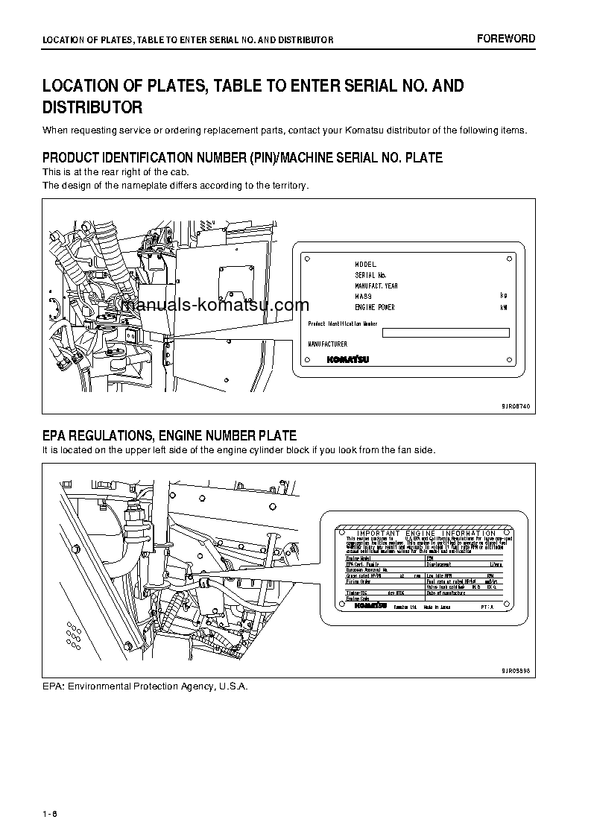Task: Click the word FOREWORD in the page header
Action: click(505, 39)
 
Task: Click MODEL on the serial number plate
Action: click(366, 265)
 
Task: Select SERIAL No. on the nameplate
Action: click(370, 275)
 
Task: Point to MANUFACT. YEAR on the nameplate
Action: click(376, 285)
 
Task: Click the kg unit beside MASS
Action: click(504, 296)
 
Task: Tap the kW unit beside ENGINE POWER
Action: click(504, 307)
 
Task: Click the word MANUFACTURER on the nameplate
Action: click(327, 344)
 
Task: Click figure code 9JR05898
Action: click(515, 671)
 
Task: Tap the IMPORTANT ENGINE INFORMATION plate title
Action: click(426, 533)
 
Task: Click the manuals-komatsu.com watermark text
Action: click(214, 305)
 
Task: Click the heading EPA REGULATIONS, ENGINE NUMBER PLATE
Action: click(169, 436)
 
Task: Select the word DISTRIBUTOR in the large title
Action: click(92, 107)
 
